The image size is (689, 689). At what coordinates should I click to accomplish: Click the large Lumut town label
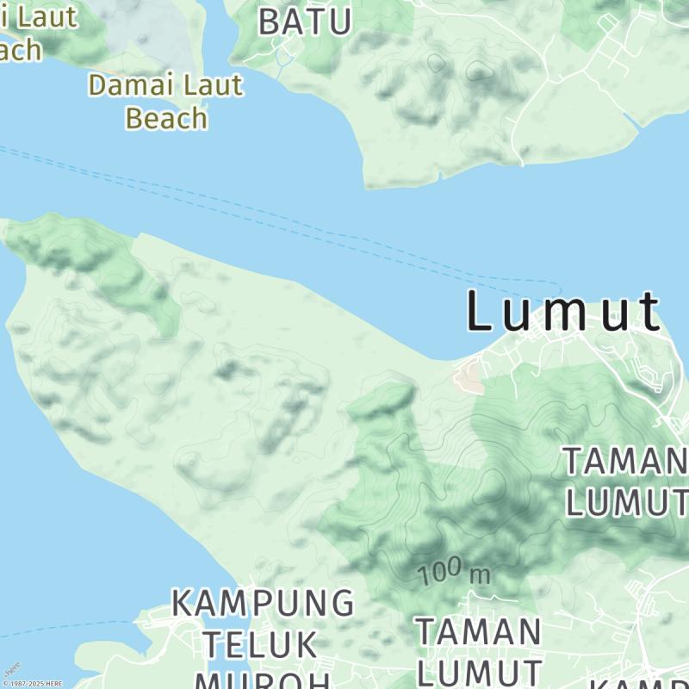click(x=564, y=312)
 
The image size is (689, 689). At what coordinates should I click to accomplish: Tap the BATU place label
click(x=305, y=22)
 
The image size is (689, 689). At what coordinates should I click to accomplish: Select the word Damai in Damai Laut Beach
click(x=130, y=85)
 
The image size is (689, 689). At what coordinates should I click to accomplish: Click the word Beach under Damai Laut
click(x=167, y=118)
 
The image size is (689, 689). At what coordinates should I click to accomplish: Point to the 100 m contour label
click(x=454, y=572)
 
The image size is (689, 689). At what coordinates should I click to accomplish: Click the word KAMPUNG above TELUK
click(x=263, y=603)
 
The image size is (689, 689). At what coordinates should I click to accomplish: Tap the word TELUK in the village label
click(x=260, y=643)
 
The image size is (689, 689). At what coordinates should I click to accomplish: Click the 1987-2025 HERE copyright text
click(x=32, y=683)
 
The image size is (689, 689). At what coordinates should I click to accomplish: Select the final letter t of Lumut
click(x=649, y=312)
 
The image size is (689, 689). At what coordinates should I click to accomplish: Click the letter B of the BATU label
click(x=270, y=22)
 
